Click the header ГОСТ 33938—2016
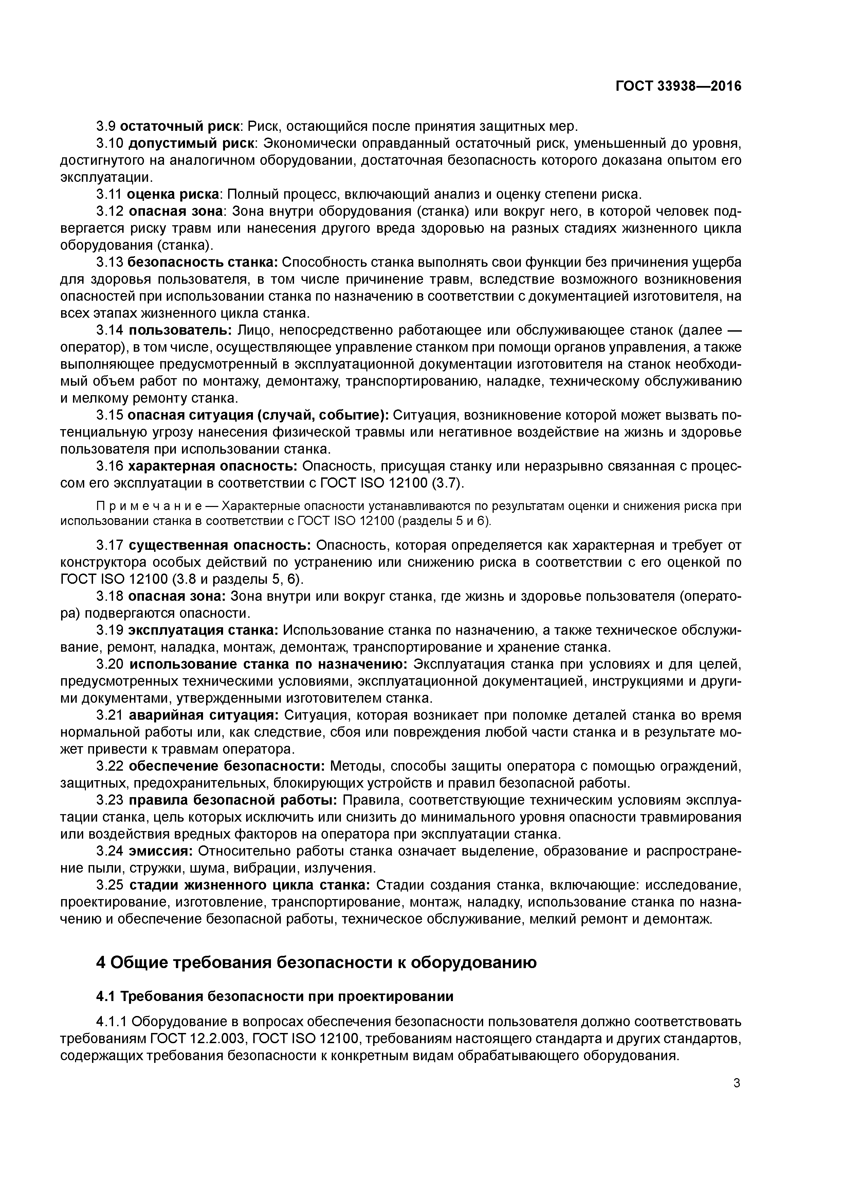pyautogui.click(x=679, y=86)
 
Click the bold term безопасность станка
pyautogui.click(x=202, y=262)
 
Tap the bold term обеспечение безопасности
pyautogui.click(x=227, y=766)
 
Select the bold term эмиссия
pyautogui.click(x=161, y=852)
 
